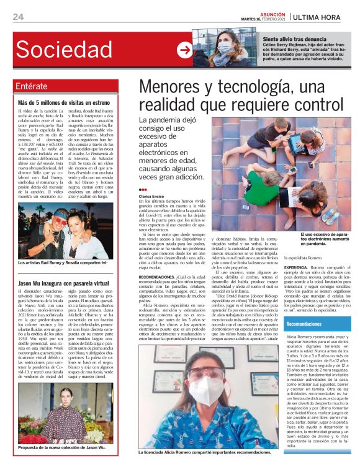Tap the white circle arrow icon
tap(184, 50)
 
